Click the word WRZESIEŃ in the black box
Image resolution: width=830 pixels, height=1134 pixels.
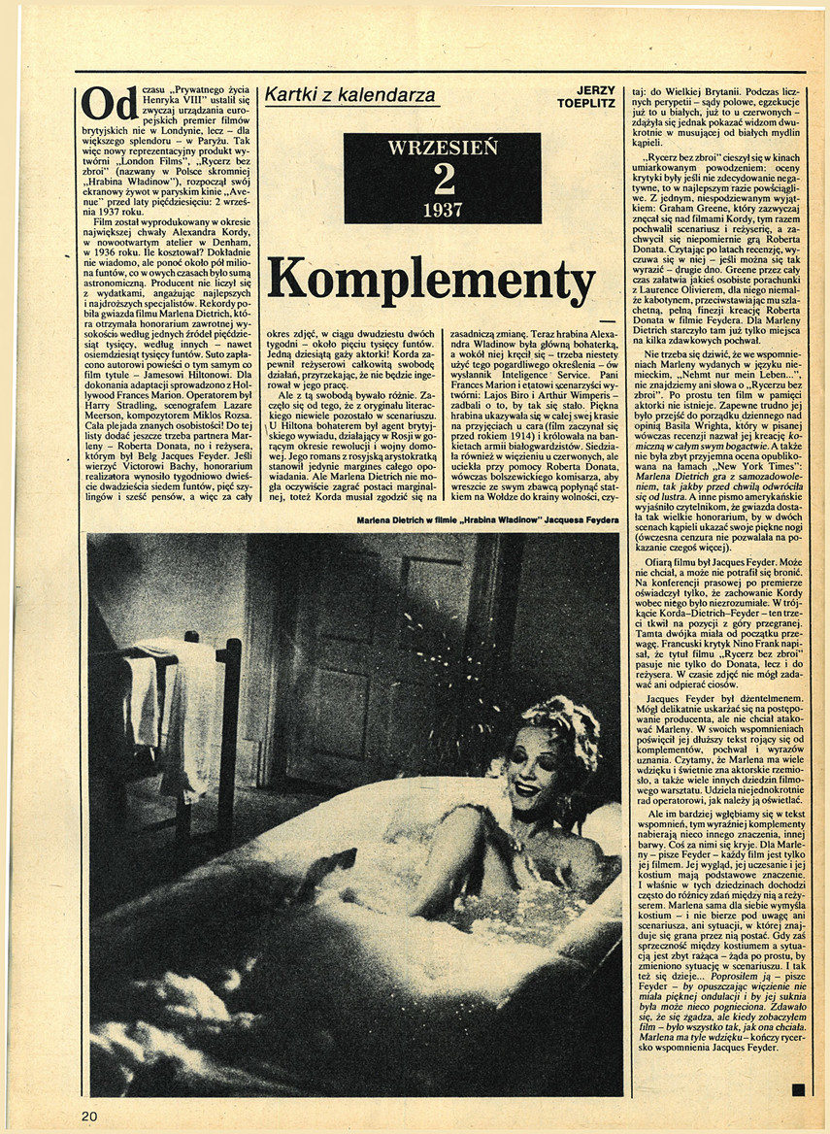click(x=443, y=148)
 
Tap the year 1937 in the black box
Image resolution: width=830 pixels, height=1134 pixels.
click(x=443, y=208)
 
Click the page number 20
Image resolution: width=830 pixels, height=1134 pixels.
click(x=89, y=1116)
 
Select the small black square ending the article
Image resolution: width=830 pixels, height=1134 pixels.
click(x=798, y=1090)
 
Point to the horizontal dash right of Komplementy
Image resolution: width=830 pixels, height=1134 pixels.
click(x=608, y=320)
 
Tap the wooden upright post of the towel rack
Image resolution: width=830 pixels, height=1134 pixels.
click(x=230, y=738)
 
